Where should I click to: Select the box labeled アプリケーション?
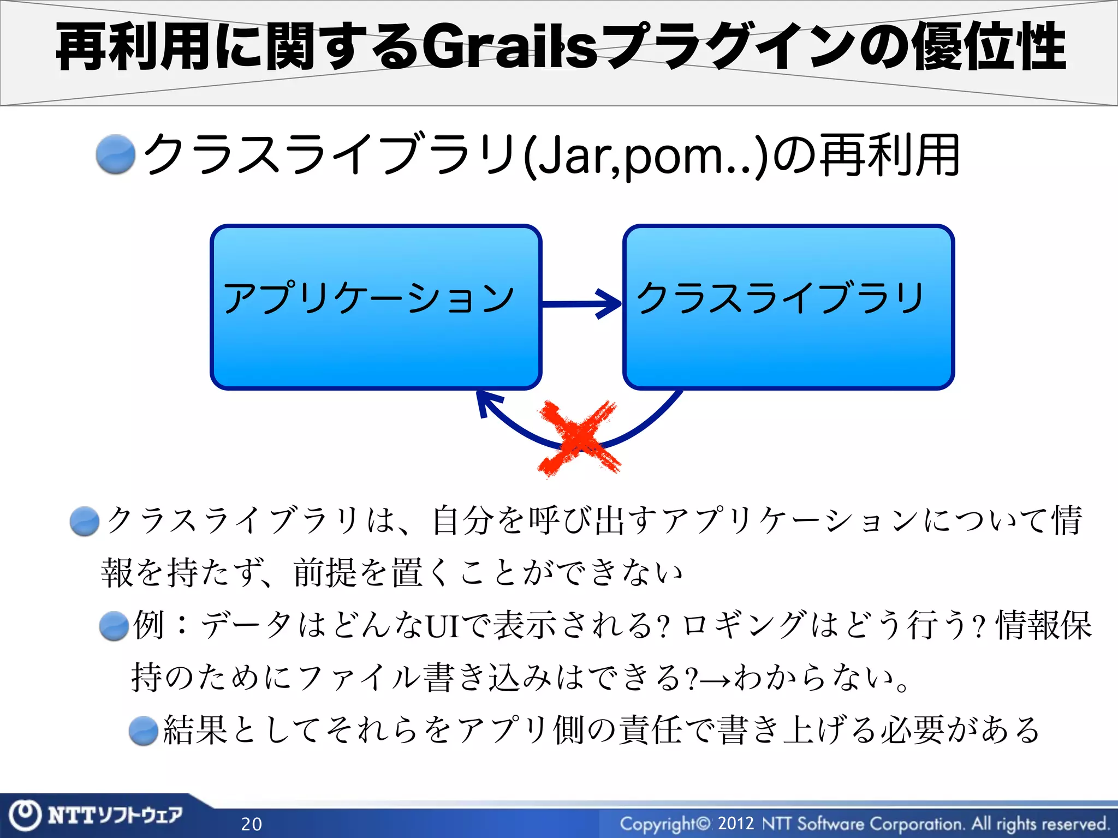(x=376, y=307)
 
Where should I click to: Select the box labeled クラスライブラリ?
(x=788, y=307)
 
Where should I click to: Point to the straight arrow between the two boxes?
(x=582, y=303)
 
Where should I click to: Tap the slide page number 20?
(x=252, y=824)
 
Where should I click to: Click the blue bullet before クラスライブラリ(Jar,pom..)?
(x=116, y=155)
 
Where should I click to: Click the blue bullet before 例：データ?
(x=114, y=625)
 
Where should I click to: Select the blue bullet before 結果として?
(x=144, y=731)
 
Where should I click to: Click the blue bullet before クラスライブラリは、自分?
(x=85, y=521)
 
